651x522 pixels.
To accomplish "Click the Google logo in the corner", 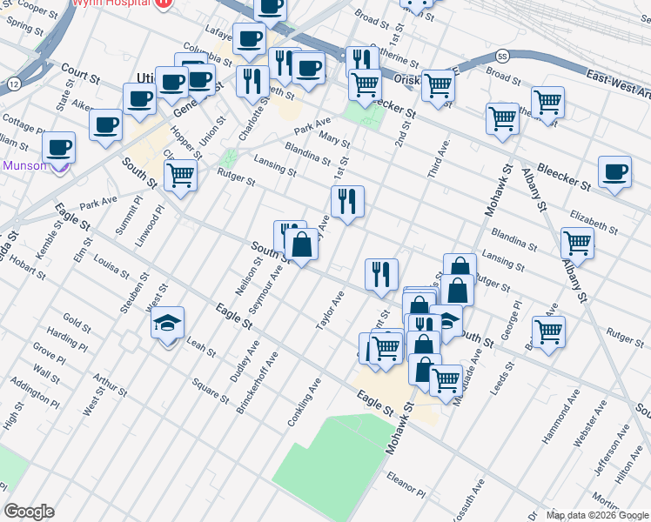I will click(x=30, y=512).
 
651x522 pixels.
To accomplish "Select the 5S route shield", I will click(x=502, y=57).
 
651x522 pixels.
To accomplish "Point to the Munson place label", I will click(x=24, y=165).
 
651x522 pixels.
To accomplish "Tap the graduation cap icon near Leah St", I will click(x=168, y=325).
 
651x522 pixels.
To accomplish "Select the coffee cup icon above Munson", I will click(x=58, y=148).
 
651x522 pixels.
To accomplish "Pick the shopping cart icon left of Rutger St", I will click(x=180, y=176).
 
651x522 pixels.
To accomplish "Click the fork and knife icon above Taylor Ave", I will click(x=380, y=275).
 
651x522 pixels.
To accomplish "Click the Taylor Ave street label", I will click(x=331, y=311).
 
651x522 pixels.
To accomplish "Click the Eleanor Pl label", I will click(x=405, y=485).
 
